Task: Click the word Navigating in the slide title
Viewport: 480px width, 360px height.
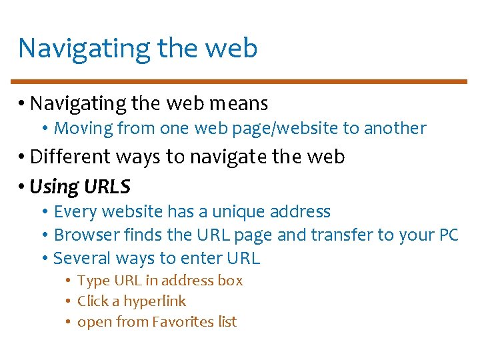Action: click(x=85, y=49)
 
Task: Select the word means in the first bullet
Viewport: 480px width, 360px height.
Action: click(x=239, y=104)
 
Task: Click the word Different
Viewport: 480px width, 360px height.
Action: click(x=72, y=157)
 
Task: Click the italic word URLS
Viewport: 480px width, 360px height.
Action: click(x=107, y=187)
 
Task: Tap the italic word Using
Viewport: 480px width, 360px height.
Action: click(x=55, y=187)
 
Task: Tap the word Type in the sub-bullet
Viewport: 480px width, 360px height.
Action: click(x=92, y=281)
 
